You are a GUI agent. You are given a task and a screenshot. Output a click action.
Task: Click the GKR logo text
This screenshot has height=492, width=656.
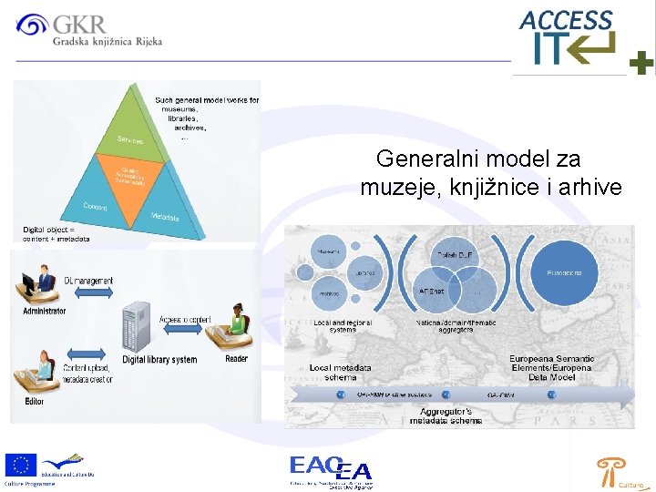[x=79, y=24]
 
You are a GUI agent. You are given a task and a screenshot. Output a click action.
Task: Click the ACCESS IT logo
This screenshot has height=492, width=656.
[x=567, y=36]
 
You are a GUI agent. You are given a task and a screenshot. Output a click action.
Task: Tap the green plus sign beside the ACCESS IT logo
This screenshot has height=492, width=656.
[x=641, y=63]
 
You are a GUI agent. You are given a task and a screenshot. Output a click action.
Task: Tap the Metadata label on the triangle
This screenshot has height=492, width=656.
[x=165, y=216]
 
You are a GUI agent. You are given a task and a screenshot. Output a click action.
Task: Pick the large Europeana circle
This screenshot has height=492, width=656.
[x=570, y=272]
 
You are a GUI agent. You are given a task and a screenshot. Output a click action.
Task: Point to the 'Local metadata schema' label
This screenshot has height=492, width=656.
[x=340, y=372]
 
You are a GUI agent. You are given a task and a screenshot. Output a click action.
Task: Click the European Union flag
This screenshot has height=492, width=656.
[x=19, y=466]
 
